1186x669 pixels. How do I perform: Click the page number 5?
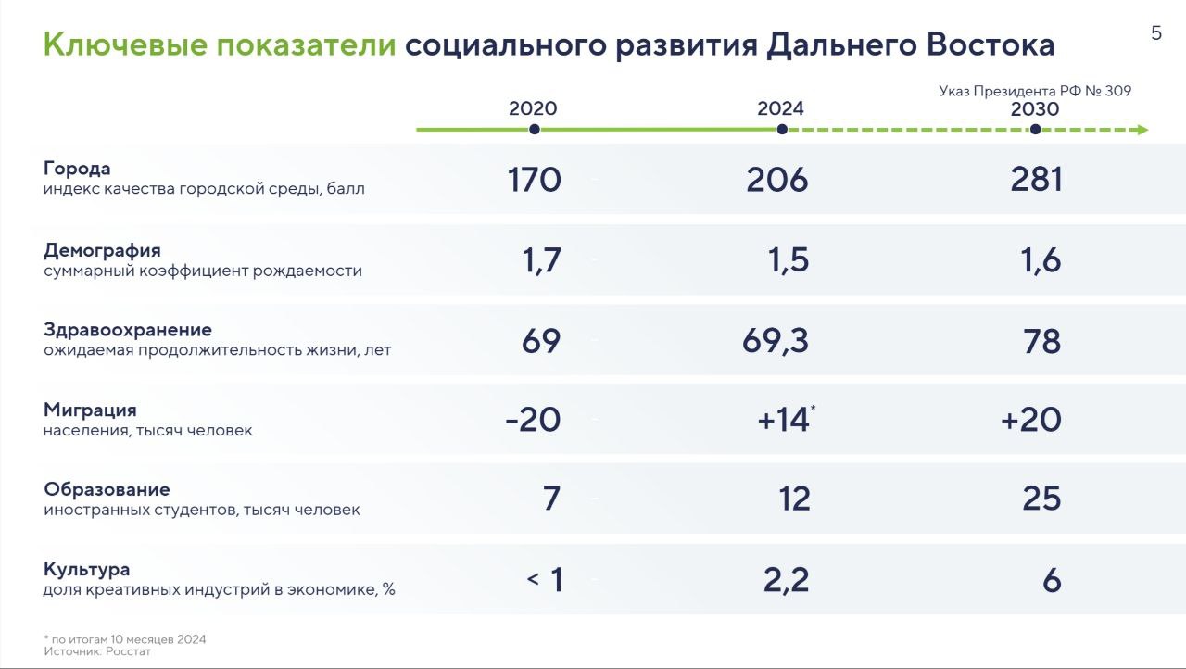1156,33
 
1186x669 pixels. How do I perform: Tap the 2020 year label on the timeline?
533,108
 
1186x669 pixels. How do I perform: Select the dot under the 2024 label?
782,130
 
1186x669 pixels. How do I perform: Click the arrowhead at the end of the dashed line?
1142,130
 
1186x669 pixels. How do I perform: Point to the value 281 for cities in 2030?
1036,180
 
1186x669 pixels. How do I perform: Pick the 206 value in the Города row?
776,180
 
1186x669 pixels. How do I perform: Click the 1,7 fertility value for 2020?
541,261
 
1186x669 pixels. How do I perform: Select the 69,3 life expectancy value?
776,341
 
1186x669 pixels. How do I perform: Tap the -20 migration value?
533,421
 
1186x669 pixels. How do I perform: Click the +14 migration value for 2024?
783,421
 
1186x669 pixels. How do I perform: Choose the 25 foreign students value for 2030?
1041,499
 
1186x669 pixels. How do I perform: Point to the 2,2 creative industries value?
787,581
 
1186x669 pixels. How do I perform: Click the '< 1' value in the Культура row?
545,579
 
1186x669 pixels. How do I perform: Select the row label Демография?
102,251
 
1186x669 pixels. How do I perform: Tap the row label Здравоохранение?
128,330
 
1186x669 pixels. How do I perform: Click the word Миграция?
90,410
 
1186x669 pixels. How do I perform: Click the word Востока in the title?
990,44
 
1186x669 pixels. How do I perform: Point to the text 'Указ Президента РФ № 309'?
1035,91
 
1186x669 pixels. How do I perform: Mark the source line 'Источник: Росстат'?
97,651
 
